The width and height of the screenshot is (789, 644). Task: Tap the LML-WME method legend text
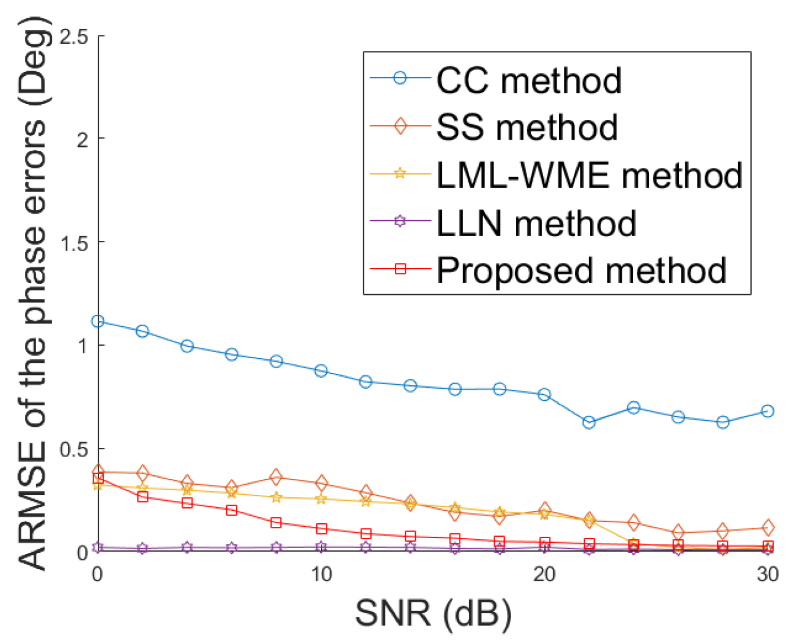[x=589, y=175]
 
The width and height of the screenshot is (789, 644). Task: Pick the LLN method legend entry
[x=536, y=223]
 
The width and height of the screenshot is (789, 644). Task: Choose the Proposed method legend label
[x=581, y=271]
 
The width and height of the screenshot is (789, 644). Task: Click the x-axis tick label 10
[x=321, y=574]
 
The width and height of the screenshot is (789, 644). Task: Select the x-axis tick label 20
[x=544, y=574]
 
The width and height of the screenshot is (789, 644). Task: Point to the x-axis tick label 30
[x=767, y=574]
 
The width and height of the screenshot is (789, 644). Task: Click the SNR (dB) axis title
[x=433, y=613]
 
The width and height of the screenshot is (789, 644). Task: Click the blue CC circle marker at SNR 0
[x=98, y=321]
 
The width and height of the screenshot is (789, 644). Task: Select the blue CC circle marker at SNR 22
[x=589, y=423]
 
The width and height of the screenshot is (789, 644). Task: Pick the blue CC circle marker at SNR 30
[x=767, y=411]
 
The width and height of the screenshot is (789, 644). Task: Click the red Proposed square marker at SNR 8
[x=276, y=523]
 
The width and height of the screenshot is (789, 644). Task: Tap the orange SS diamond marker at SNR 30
[x=767, y=527]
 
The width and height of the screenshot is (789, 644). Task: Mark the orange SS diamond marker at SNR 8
[x=276, y=477]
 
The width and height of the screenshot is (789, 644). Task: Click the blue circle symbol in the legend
[x=400, y=78]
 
